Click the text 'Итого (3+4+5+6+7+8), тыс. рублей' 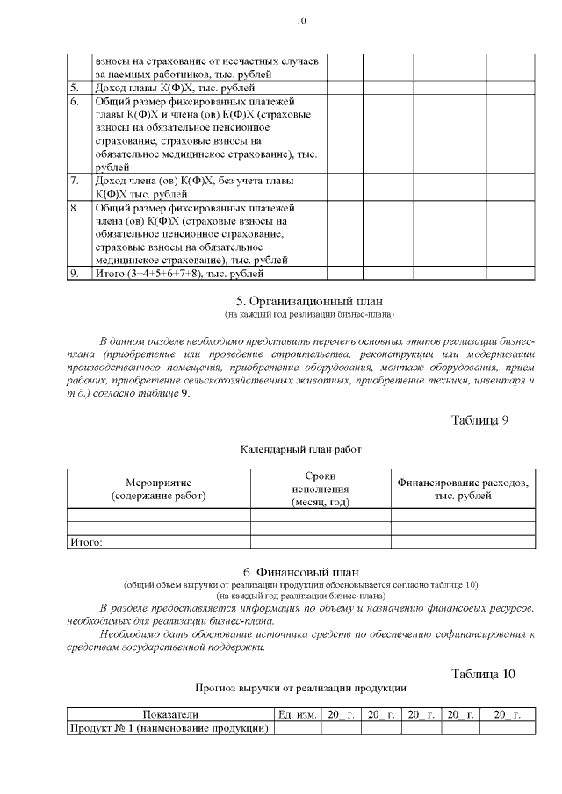pos(173,275)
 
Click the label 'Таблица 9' pos(479,418)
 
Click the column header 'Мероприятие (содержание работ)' pos(159,490)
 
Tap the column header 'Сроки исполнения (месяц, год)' pos(321,489)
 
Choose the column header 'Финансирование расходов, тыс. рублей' pos(463,490)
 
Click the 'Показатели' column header pos(171,716)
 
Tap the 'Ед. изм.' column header pos(297,716)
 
